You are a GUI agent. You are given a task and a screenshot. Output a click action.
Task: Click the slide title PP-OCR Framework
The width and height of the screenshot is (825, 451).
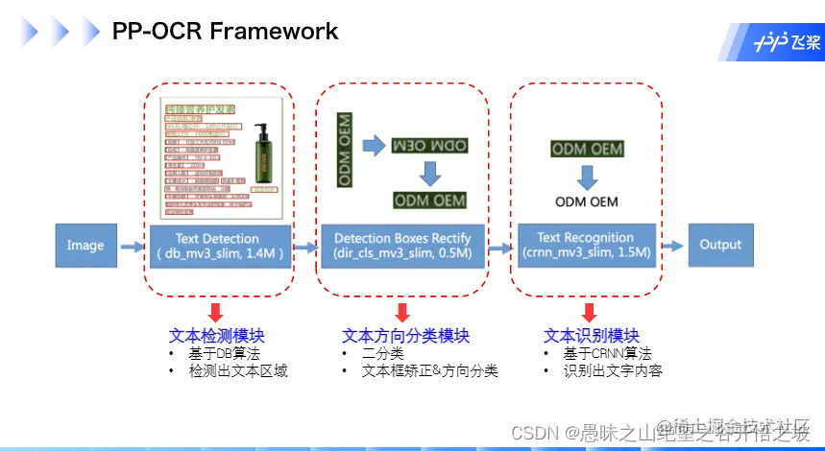click(225, 31)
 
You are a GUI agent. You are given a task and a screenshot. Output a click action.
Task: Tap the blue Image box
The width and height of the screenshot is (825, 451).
click(85, 246)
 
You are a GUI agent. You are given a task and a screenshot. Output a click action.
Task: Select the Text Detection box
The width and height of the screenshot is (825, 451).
click(218, 246)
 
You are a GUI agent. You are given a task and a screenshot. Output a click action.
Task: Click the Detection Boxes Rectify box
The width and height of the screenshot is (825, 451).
click(402, 246)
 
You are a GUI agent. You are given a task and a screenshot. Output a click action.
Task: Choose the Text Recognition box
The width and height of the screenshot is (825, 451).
click(586, 245)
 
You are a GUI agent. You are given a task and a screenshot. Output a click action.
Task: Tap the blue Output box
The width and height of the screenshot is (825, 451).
click(720, 245)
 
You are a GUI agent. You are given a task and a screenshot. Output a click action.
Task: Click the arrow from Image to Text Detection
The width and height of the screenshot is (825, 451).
click(132, 247)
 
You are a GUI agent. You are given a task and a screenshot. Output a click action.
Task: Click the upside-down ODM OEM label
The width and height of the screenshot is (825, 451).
click(428, 145)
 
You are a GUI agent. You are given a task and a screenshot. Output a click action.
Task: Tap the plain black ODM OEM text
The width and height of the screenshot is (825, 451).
click(586, 202)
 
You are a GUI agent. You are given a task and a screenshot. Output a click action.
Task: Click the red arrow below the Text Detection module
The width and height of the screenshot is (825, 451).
click(216, 312)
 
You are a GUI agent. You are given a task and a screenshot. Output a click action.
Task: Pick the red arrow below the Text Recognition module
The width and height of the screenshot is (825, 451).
click(589, 312)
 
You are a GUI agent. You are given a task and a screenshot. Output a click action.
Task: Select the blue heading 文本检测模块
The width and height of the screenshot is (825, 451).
click(216, 336)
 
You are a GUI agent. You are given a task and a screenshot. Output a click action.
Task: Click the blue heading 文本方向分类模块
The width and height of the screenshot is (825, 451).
click(405, 336)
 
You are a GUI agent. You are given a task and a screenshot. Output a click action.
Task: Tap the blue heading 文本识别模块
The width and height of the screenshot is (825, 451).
click(591, 336)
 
